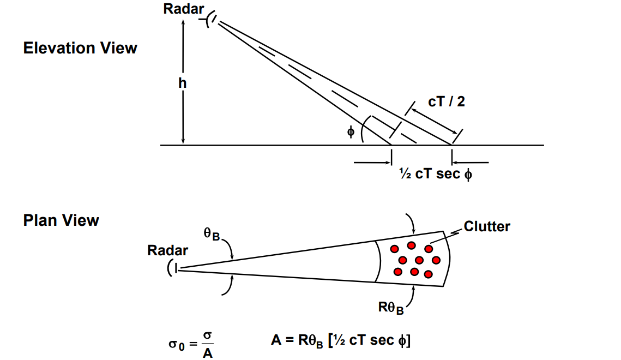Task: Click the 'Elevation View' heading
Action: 80,48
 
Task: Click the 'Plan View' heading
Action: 61,220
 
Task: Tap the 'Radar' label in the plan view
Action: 167,250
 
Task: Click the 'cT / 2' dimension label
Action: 447,101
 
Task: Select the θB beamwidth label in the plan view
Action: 211,234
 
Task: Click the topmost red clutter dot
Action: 411,245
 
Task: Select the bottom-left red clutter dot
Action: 398,271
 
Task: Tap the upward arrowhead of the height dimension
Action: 183,23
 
